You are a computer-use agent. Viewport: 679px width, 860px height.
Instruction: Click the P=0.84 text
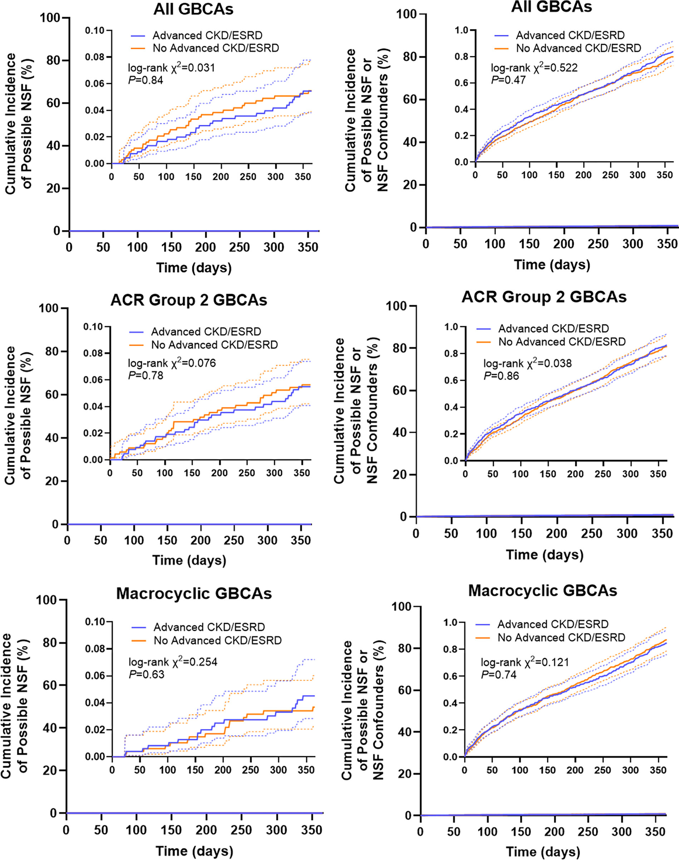click(x=146, y=81)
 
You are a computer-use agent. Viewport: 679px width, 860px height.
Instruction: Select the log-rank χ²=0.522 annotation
click(x=534, y=68)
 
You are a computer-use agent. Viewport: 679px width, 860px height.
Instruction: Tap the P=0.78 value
click(x=146, y=375)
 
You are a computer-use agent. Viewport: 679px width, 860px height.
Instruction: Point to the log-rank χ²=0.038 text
click(x=527, y=363)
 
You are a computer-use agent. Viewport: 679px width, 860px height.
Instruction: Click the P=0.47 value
click(x=508, y=80)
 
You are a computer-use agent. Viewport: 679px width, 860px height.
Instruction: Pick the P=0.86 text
click(x=501, y=376)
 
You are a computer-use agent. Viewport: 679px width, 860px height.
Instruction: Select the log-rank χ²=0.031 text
click(x=171, y=68)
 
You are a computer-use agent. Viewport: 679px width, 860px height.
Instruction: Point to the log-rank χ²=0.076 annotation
click(x=172, y=363)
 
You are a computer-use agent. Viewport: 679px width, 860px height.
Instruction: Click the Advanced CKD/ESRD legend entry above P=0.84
click(x=207, y=35)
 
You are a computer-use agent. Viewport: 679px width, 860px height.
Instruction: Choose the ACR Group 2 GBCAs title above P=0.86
click(x=544, y=297)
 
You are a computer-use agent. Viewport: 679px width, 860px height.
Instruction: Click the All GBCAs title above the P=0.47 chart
click(x=551, y=7)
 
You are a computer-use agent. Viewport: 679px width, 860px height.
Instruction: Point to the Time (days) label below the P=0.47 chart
click(x=552, y=264)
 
